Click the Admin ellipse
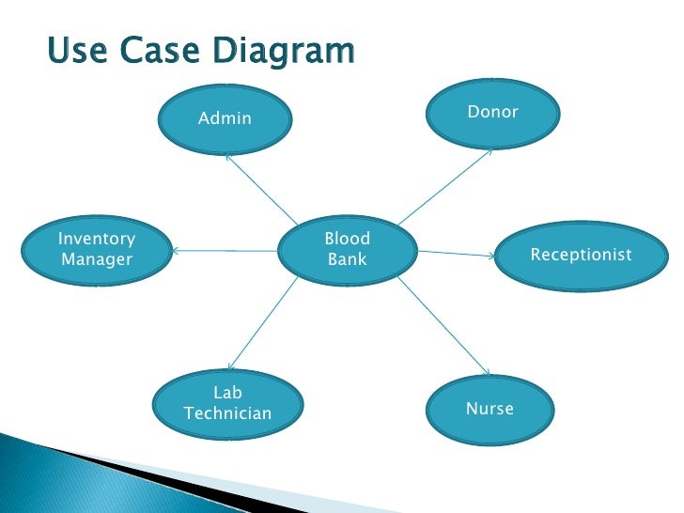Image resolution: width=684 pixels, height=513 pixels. click(225, 119)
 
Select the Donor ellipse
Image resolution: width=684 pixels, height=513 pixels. click(492, 114)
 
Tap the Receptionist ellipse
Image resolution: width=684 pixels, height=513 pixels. click(581, 255)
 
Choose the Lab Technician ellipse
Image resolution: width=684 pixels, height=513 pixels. click(228, 403)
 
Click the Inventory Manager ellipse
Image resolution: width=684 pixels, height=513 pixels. click(97, 249)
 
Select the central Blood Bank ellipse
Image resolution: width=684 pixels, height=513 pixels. click(348, 249)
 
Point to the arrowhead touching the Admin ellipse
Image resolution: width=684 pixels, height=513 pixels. click(229, 157)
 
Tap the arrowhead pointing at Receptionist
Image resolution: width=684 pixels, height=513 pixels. click(493, 256)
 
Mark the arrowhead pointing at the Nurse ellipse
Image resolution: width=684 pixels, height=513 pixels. click(486, 372)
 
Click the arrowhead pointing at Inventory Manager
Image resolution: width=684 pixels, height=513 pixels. click(176, 250)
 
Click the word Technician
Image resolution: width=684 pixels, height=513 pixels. click(228, 413)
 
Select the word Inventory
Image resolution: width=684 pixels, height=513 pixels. click(97, 239)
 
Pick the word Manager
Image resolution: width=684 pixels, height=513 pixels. click(97, 259)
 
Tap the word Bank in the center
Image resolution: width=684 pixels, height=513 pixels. click(348, 259)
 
